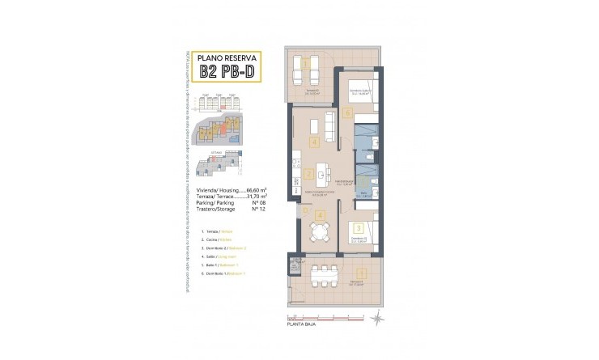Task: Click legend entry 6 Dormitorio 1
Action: click(216, 274)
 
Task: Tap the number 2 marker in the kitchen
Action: click(309, 173)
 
